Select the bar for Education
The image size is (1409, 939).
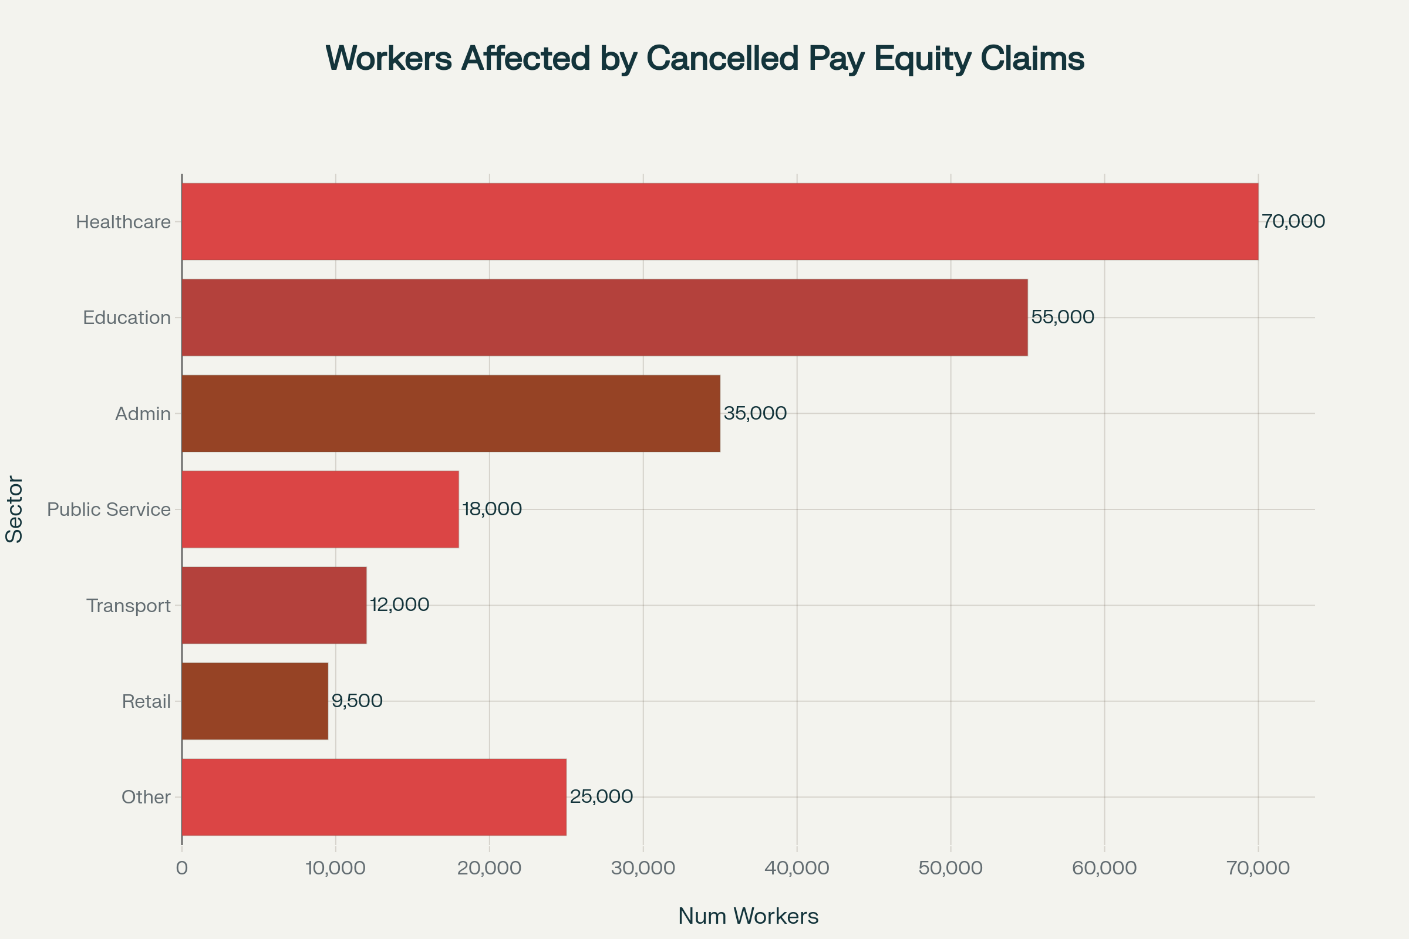click(x=605, y=317)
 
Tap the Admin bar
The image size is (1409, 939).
click(x=450, y=413)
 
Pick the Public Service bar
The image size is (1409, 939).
click(x=320, y=509)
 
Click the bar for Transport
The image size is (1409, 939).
click(x=274, y=606)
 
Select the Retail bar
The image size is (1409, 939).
click(x=255, y=701)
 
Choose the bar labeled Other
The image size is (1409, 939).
click(x=374, y=797)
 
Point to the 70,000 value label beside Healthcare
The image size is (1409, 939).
click(x=1293, y=222)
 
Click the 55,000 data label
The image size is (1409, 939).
click(x=1062, y=317)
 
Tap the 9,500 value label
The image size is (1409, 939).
click(x=357, y=701)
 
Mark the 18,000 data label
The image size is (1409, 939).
click(x=492, y=509)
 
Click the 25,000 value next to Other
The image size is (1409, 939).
click(x=601, y=796)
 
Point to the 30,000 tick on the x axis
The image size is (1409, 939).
click(x=643, y=869)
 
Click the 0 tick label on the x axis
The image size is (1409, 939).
click(x=182, y=869)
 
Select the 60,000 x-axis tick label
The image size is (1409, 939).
click(x=1104, y=869)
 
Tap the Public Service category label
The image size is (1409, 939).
click(x=109, y=509)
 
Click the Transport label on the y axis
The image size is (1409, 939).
click(x=128, y=606)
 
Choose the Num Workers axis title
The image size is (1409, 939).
click(x=748, y=916)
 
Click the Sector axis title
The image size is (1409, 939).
click(x=14, y=509)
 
